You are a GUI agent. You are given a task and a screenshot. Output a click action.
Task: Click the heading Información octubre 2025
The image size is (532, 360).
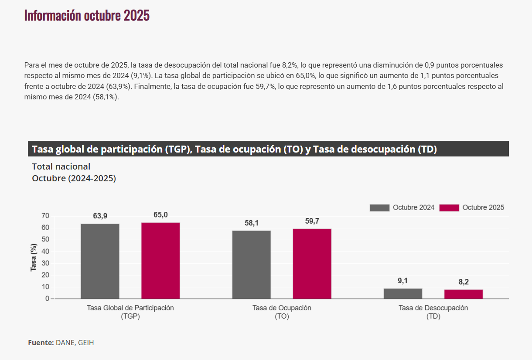click(x=87, y=15)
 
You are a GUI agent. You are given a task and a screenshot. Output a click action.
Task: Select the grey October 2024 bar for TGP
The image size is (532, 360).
click(x=100, y=261)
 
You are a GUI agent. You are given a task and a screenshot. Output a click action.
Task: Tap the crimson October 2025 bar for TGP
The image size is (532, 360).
click(x=160, y=261)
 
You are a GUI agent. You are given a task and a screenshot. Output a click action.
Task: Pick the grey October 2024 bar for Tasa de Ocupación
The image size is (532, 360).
click(x=252, y=265)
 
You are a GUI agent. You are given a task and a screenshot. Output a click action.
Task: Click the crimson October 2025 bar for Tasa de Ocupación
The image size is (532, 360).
click(x=312, y=264)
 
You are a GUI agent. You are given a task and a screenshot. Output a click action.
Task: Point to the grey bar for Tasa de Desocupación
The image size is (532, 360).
click(x=403, y=294)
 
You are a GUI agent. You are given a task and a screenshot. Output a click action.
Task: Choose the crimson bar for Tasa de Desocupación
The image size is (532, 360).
click(x=464, y=294)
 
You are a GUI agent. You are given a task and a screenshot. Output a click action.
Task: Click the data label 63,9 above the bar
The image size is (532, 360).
click(x=100, y=216)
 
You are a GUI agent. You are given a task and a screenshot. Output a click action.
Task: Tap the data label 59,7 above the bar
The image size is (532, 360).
click(x=312, y=221)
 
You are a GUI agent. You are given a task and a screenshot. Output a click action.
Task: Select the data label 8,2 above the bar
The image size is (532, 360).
click(x=464, y=282)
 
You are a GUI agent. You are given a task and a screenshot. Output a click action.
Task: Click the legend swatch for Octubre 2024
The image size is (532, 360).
click(x=379, y=208)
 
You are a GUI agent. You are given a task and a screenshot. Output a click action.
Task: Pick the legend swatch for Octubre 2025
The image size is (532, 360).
click(x=449, y=208)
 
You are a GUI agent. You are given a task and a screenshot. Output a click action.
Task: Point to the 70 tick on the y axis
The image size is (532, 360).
click(x=45, y=216)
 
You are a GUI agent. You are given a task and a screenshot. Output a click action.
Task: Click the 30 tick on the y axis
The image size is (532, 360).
click(x=45, y=263)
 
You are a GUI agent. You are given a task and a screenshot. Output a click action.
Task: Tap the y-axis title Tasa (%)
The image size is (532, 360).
click(x=34, y=257)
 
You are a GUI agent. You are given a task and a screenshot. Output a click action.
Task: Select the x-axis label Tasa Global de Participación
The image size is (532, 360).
click(x=130, y=308)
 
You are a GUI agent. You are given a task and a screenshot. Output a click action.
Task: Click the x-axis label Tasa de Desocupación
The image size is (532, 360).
click(x=433, y=308)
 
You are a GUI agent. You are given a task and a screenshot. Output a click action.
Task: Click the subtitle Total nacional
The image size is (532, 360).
click(x=61, y=166)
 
